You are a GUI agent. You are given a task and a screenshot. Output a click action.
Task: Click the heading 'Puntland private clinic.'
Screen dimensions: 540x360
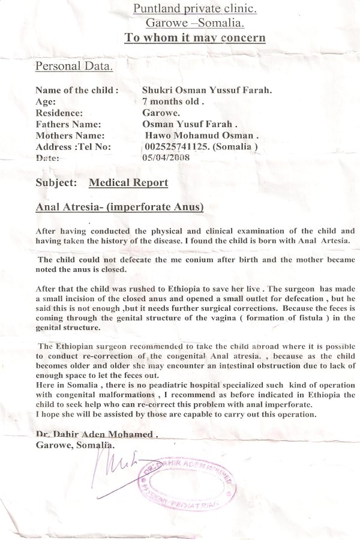[x=194, y=9]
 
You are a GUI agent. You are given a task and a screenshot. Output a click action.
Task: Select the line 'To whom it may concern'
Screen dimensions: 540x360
[x=194, y=38]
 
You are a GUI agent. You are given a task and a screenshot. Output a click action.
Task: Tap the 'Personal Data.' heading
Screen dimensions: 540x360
[x=74, y=65]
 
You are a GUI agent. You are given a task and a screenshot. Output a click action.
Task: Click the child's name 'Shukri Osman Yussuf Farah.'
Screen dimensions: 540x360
[x=207, y=91]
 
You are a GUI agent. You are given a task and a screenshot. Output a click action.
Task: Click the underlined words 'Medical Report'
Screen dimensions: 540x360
[x=128, y=182]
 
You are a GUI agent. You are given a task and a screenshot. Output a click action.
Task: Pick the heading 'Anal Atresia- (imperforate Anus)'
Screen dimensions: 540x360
[x=119, y=208]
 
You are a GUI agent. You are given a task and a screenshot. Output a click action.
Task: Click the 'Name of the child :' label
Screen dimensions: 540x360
[x=77, y=91]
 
